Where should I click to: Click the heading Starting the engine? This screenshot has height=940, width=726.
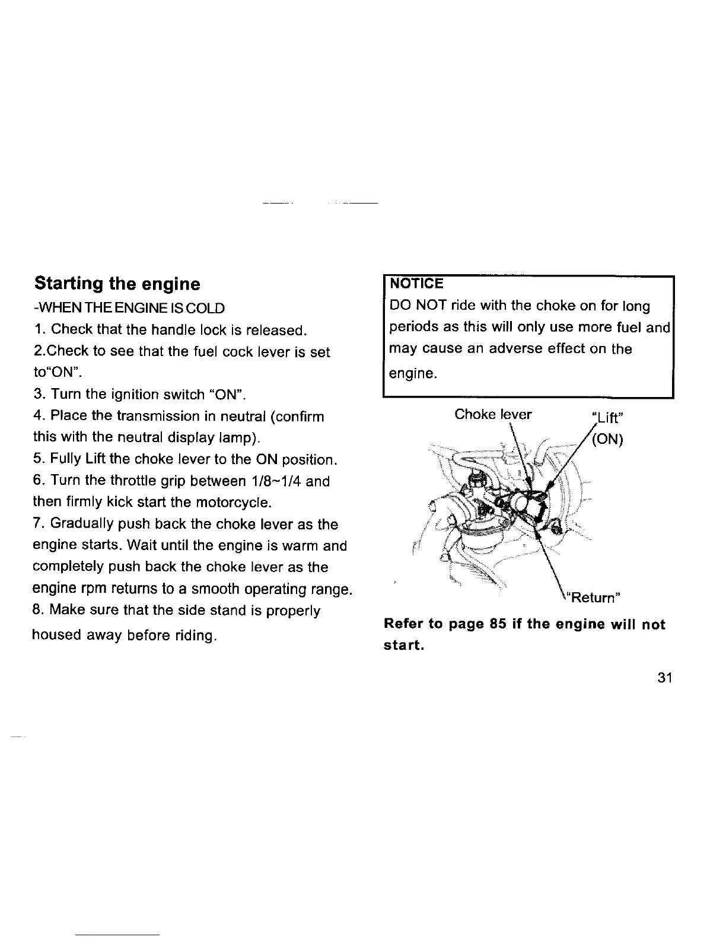click(x=117, y=284)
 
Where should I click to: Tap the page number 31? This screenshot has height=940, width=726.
click(x=664, y=678)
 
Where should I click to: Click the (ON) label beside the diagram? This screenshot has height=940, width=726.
click(x=607, y=440)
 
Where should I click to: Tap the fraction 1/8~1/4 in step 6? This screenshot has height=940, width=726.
click(x=275, y=481)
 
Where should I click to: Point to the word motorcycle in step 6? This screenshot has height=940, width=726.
click(x=231, y=503)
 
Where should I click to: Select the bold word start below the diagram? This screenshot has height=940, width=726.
click(x=403, y=646)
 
